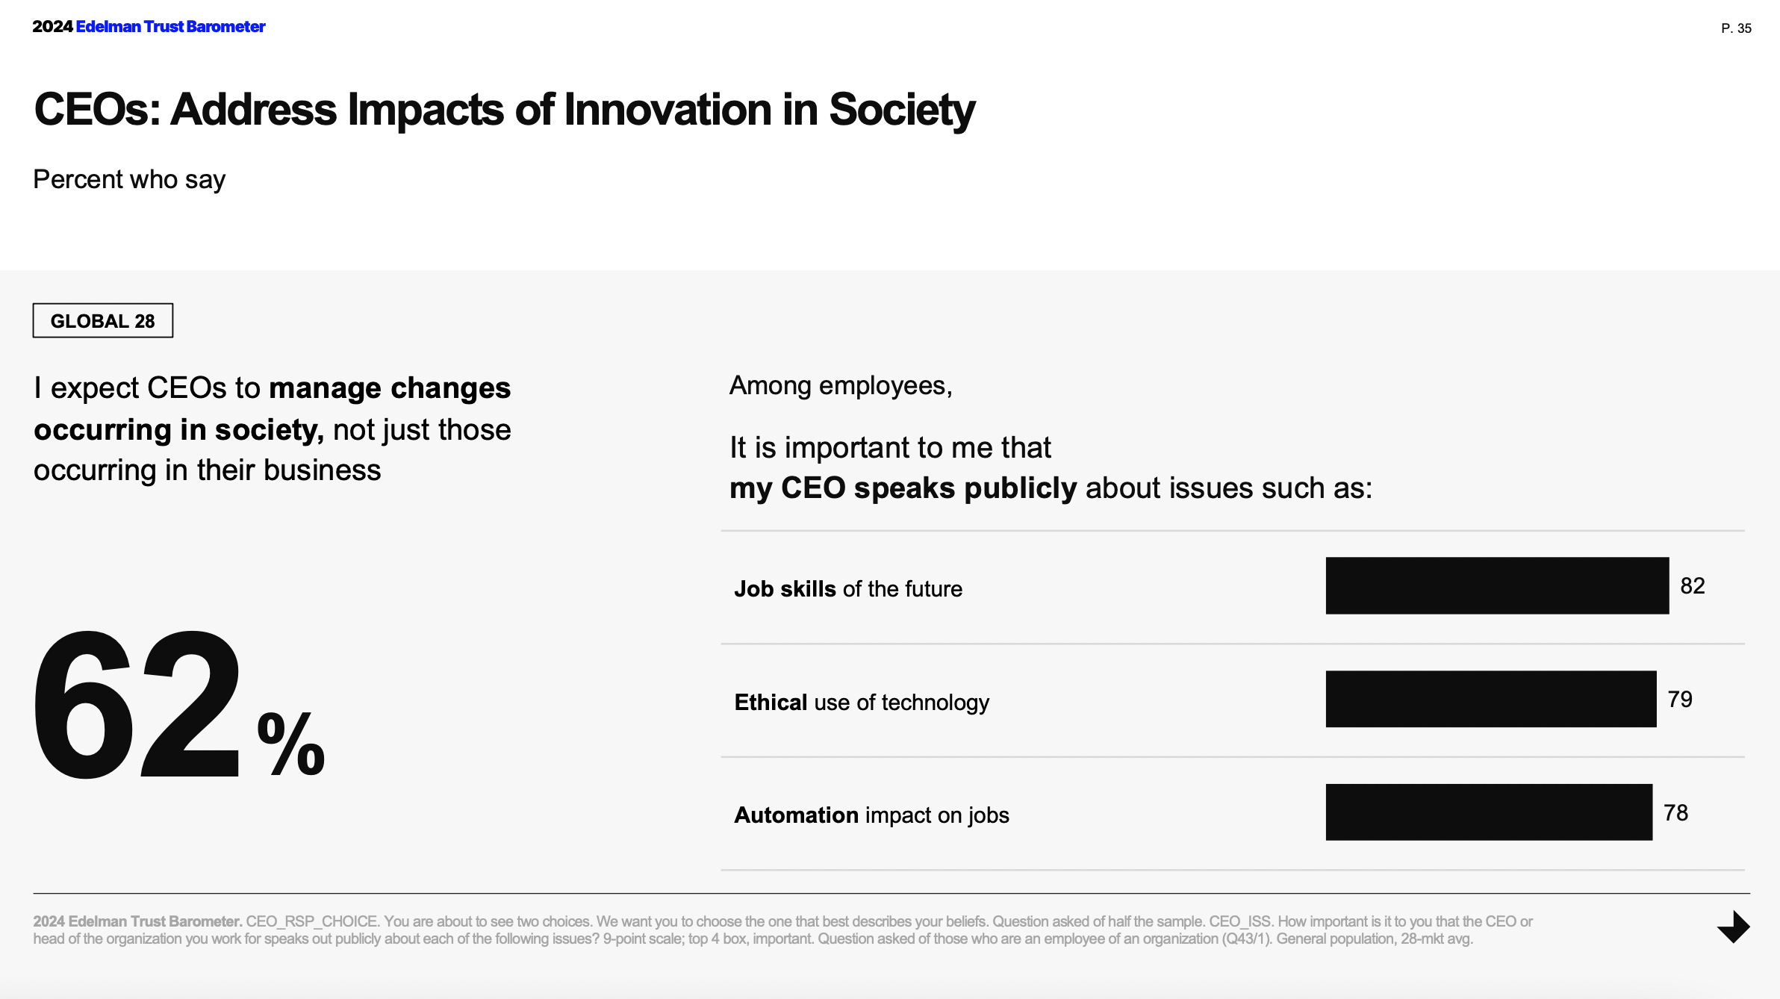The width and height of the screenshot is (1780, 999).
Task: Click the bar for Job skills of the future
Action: tap(1497, 586)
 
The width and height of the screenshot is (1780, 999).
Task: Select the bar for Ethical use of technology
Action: tap(1491, 699)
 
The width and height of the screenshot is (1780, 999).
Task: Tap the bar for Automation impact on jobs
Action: tap(1489, 812)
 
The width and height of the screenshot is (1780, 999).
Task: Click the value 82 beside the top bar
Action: tap(1692, 586)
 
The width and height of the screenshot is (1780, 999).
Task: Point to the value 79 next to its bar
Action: tap(1680, 700)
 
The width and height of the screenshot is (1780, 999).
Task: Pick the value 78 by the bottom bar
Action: tap(1675, 813)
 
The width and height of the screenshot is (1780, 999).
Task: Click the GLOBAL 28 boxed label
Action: tap(103, 321)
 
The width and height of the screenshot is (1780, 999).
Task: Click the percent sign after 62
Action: tap(290, 744)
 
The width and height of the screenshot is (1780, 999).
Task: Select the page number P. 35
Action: tap(1736, 28)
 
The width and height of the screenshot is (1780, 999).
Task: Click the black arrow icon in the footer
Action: tap(1734, 927)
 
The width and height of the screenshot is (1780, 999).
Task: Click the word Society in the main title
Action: tap(901, 110)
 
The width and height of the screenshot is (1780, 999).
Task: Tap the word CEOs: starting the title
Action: tap(97, 110)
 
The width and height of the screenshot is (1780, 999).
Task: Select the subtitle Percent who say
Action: tap(129, 180)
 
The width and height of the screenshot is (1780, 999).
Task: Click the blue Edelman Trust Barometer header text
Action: tap(170, 27)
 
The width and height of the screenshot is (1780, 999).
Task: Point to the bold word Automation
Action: tap(796, 815)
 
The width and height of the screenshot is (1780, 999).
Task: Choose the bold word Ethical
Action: tap(771, 703)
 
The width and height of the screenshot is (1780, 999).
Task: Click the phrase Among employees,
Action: tap(841, 386)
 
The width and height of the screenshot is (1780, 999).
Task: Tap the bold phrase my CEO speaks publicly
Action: tap(903, 488)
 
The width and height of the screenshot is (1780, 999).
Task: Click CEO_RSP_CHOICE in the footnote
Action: tap(311, 921)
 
